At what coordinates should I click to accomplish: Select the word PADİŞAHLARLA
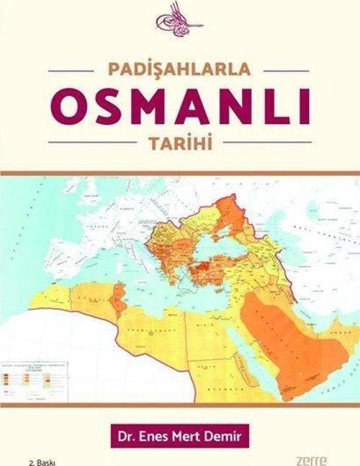[x=180, y=71]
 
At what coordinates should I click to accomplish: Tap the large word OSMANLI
[x=180, y=108]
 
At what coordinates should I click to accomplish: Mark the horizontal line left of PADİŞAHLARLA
[x=74, y=71]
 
